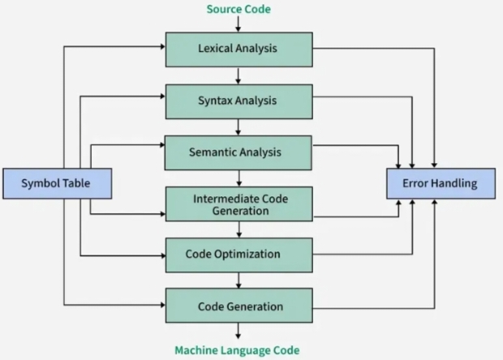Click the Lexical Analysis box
tap(238, 49)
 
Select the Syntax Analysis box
tap(238, 101)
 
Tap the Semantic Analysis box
tap(238, 152)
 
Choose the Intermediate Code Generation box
tap(238, 204)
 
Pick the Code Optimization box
tap(238, 255)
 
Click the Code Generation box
tap(238, 306)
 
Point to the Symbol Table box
tap(57, 184)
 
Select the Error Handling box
tap(440, 184)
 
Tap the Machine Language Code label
tap(237, 350)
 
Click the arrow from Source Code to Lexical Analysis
tap(238, 24)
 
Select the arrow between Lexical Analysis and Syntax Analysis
tap(238, 75)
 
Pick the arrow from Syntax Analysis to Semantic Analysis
tap(238, 126)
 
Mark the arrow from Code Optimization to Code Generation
tap(238, 280)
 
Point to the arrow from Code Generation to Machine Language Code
tap(238, 332)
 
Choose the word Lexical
tap(216, 49)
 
